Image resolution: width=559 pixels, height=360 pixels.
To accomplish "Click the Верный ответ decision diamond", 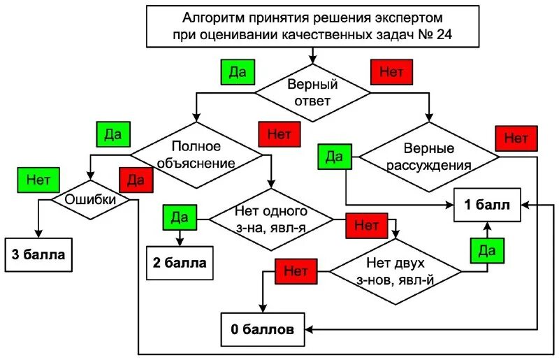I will click(312, 92).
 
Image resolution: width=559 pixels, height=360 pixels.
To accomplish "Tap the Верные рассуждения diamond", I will click(428, 157).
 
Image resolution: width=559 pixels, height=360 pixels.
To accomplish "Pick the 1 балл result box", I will click(487, 205).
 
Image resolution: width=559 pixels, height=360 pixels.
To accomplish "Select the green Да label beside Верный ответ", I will click(238, 71).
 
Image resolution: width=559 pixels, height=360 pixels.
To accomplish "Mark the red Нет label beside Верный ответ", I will click(391, 71).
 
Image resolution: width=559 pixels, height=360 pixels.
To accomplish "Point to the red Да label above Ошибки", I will click(136, 180).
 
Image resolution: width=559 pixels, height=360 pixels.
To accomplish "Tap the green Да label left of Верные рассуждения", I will click(334, 156).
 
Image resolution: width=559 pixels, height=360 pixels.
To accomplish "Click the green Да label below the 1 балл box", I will click(487, 250).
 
